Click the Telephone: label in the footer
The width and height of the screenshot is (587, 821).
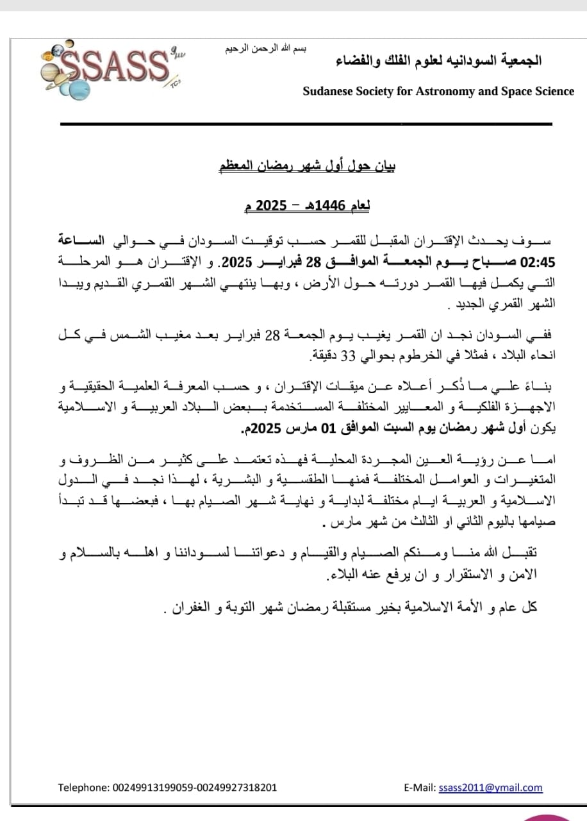coord(83,788)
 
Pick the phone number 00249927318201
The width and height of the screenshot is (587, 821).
coord(236,788)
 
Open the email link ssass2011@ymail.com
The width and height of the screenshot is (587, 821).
coord(490,788)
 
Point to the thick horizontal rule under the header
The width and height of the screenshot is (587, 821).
coord(306,124)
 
